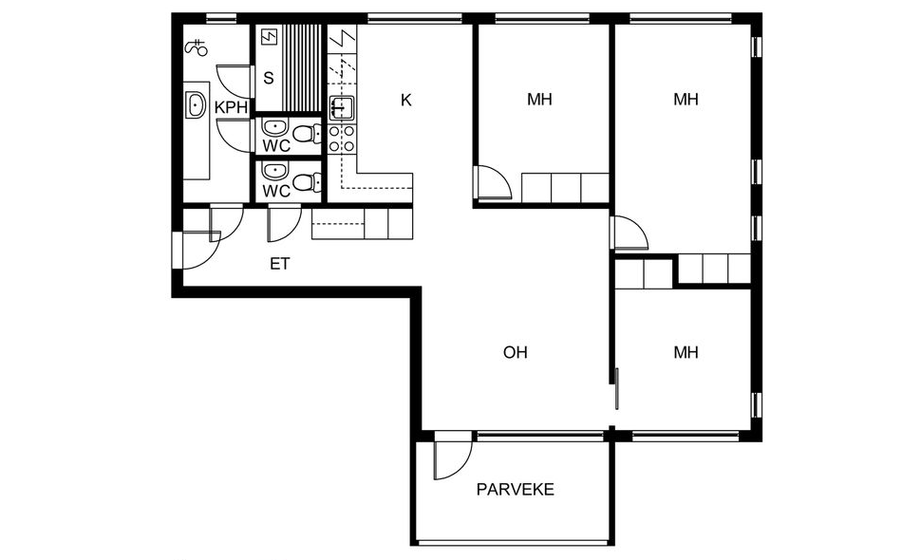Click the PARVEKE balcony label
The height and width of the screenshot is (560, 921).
tap(516, 490)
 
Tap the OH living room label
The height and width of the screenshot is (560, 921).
tap(516, 352)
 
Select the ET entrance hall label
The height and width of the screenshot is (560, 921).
tap(279, 264)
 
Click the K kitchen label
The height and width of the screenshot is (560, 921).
tap(405, 101)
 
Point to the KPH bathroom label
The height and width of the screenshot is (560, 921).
tap(231, 108)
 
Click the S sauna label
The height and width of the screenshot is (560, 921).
tap(269, 78)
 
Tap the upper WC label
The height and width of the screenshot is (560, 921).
tap(276, 145)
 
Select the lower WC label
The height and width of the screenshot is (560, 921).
tap(276, 192)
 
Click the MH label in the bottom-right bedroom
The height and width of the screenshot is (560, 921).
tap(686, 352)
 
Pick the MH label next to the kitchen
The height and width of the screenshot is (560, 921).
tap(539, 100)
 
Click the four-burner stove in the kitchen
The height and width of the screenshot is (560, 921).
tap(341, 139)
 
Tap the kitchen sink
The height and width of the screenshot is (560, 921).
tap(341, 108)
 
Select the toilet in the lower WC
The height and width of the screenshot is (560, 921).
tap(306, 181)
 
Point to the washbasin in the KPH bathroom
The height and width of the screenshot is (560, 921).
tap(196, 105)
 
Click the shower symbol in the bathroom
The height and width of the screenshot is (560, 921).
tap(197, 47)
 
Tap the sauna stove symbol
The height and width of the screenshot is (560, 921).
tap(270, 38)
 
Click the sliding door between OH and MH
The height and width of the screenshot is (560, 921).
tap(617, 388)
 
